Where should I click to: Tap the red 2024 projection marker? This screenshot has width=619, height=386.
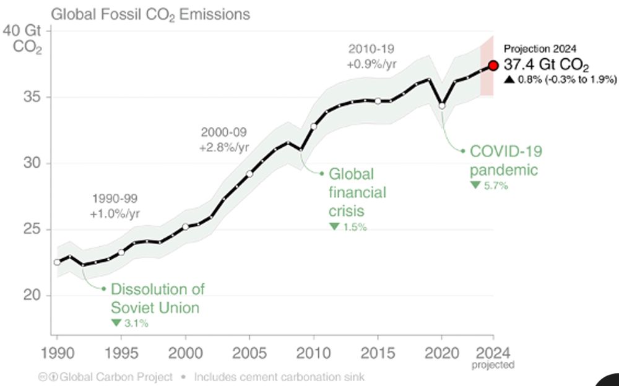coord(493,65)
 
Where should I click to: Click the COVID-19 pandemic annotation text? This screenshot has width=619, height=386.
coord(505,160)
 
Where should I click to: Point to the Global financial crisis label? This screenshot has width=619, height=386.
coord(357,192)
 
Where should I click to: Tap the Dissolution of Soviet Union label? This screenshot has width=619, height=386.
coord(157,298)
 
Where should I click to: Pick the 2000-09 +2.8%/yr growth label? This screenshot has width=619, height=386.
coord(223,140)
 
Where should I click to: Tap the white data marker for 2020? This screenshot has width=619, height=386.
coord(442,106)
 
